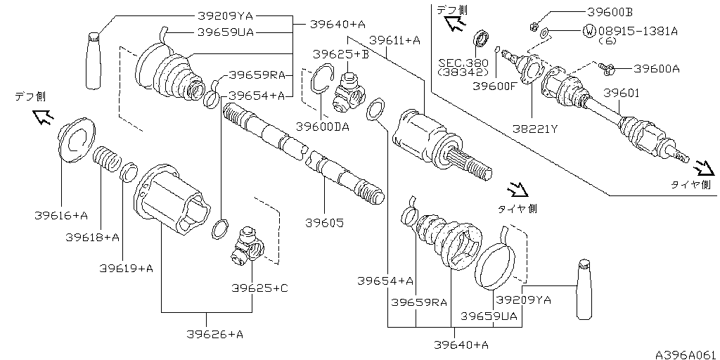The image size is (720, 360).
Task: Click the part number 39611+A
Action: click(x=394, y=41)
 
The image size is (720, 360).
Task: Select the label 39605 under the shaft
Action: click(x=324, y=222)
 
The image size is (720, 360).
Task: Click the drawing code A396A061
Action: click(x=686, y=353)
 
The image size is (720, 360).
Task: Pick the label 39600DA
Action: click(x=322, y=127)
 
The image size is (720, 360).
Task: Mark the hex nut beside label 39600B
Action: click(x=534, y=27)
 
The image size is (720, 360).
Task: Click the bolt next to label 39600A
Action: click(x=607, y=68)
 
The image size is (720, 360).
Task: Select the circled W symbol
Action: click(x=589, y=31)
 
